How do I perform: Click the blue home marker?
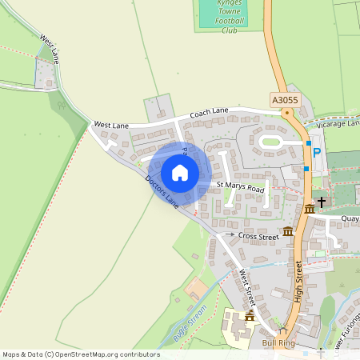coord(179,172)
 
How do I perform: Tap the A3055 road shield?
coord(284,100)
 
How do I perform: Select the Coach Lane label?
coord(209,114)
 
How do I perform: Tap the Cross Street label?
coord(258,237)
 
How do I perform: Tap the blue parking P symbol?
coord(317,152)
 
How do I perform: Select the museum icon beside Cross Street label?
coord(287,231)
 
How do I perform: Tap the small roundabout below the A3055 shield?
coord(287,113)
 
